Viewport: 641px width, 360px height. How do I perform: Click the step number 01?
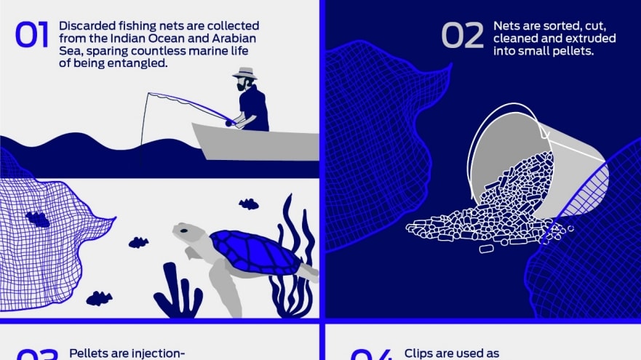[x=31, y=36]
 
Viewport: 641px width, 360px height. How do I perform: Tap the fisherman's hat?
[x=244, y=73]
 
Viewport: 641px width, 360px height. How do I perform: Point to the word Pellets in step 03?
[x=89, y=353]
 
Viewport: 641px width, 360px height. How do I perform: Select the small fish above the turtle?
[x=249, y=204]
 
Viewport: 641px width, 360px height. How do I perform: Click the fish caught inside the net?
[x=37, y=218]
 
